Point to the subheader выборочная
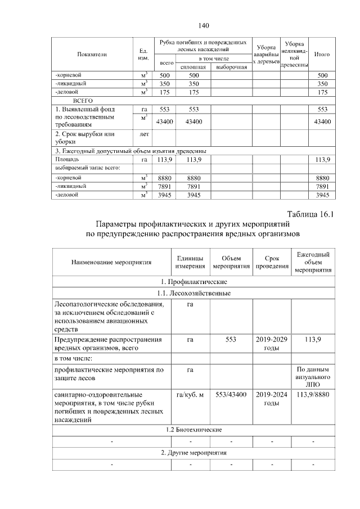(x=231, y=67)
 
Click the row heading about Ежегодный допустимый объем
(x=130, y=151)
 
